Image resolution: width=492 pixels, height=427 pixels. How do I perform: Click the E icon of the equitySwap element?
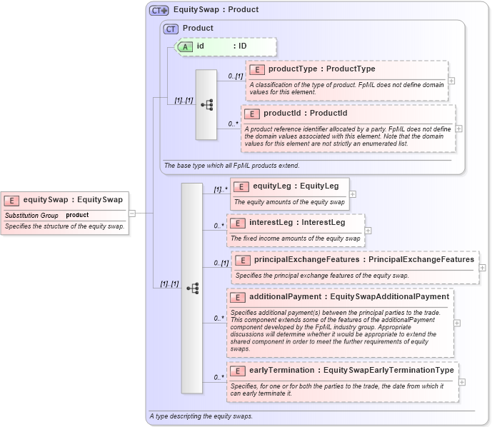click(x=12, y=200)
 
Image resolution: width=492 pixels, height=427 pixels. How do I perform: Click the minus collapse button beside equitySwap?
click(x=132, y=213)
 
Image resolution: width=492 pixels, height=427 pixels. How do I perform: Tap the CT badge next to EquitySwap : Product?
click(x=159, y=10)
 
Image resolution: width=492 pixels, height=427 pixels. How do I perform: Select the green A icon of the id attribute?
click(x=185, y=46)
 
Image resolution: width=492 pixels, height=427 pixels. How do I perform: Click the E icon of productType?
click(x=256, y=69)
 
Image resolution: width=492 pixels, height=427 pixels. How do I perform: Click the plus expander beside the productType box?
click(x=451, y=81)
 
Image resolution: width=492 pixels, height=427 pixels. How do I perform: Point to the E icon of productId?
click(x=251, y=114)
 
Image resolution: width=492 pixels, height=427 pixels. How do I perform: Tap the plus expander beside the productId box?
click(x=458, y=129)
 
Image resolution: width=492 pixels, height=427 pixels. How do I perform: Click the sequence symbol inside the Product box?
click(x=206, y=105)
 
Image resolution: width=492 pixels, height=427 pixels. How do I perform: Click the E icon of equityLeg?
click(x=241, y=186)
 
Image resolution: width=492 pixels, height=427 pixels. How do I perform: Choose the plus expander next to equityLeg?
click(x=353, y=194)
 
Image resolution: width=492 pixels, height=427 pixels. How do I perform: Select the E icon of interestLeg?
click(x=237, y=223)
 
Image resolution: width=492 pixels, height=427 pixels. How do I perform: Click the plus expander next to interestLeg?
click(x=368, y=230)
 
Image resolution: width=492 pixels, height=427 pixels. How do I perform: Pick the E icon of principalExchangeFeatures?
click(x=242, y=260)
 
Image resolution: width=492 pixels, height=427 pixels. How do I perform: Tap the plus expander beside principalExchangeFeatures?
click(x=482, y=268)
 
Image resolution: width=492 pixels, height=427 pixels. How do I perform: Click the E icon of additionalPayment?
click(x=237, y=297)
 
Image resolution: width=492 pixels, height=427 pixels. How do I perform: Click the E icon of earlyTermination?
click(x=237, y=371)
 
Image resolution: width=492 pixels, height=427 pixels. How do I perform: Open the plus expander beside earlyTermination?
click(x=461, y=382)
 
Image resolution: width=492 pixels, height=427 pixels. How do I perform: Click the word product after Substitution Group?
click(x=77, y=215)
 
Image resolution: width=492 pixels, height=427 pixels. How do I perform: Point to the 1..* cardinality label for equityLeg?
click(x=220, y=190)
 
